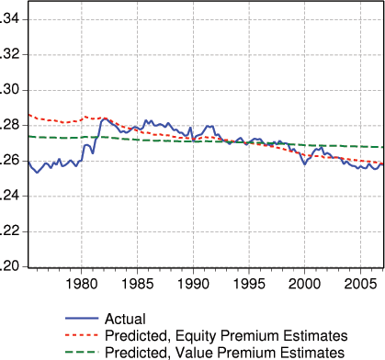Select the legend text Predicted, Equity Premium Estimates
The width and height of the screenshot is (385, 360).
tap(226, 334)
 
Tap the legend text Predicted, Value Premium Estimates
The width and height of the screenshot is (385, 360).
tap(224, 352)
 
